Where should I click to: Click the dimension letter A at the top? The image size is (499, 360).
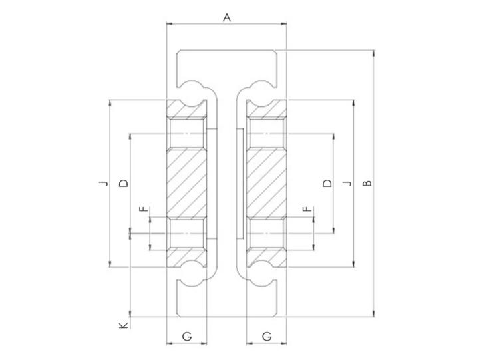[227, 17]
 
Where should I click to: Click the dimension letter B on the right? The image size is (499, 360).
[367, 183]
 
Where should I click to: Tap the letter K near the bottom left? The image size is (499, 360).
[124, 325]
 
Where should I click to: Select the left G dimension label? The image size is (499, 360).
[187, 336]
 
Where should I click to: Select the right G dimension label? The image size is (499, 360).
[267, 336]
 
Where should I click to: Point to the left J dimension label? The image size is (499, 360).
[103, 183]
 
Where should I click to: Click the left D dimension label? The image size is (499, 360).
[124, 183]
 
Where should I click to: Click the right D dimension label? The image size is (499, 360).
[327, 183]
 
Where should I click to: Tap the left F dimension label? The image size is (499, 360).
[144, 209]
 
